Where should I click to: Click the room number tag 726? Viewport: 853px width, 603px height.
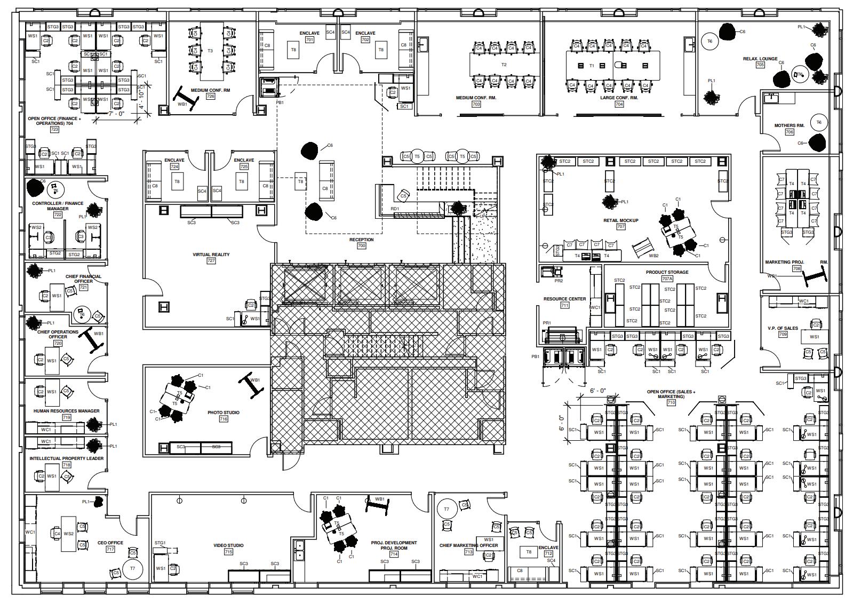tap(210, 97)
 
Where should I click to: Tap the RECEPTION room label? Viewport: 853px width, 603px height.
tap(361, 240)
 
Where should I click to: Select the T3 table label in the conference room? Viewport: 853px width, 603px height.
tap(210, 51)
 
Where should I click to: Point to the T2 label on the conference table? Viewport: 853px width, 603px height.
tap(504, 65)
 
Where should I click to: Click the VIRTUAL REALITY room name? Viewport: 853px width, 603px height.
tap(211, 255)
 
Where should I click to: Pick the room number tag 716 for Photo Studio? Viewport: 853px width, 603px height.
tap(223, 419)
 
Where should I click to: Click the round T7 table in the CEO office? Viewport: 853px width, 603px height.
tap(132, 569)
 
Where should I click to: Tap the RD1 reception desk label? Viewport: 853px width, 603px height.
tap(395, 209)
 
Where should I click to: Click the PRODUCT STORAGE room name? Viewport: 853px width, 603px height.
tap(667, 272)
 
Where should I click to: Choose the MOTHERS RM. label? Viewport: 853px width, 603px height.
tap(789, 126)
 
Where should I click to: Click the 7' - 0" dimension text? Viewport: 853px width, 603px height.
tap(116, 114)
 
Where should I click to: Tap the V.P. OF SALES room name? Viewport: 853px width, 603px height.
tap(783, 328)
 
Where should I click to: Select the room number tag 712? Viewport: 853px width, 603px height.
tap(548, 554)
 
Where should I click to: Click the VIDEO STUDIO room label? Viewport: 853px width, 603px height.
tap(228, 545)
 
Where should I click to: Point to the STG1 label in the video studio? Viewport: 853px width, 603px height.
tap(160, 543)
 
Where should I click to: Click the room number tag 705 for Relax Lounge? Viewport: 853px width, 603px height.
tap(760, 65)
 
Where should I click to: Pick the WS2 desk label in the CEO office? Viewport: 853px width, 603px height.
tap(69, 534)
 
